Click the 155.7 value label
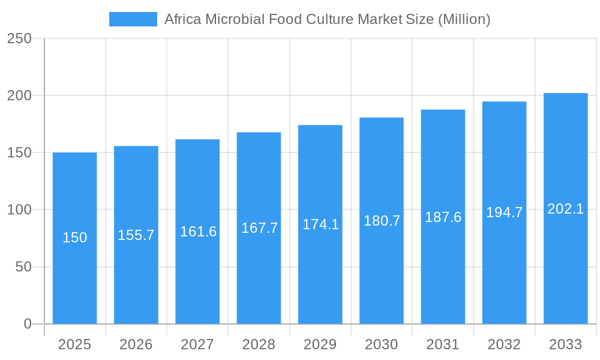pyautogui.click(x=136, y=235)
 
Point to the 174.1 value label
pyautogui.click(x=320, y=224)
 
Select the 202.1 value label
pyautogui.click(x=565, y=209)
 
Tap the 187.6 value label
pyautogui.click(x=443, y=217)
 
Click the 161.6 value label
pyautogui.click(x=198, y=232)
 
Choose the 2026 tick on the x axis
pyautogui.click(x=136, y=344)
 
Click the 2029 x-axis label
pyautogui.click(x=320, y=344)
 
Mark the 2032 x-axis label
pyautogui.click(x=504, y=344)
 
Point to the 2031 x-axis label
pyautogui.click(x=443, y=344)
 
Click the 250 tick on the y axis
pyautogui.click(x=19, y=38)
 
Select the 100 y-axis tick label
pyautogui.click(x=19, y=210)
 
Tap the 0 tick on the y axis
pyautogui.click(x=28, y=324)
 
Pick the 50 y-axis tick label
pyautogui.click(x=23, y=267)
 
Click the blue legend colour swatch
pyautogui.click(x=133, y=19)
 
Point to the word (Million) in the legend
pyautogui.click(x=464, y=19)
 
